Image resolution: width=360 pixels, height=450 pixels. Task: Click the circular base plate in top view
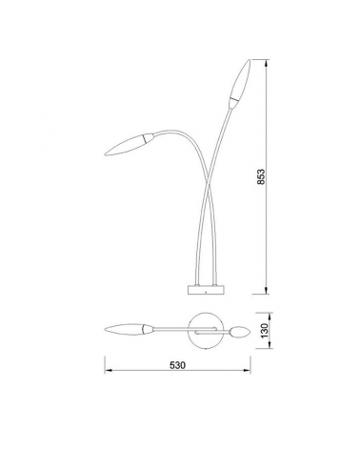[x=205, y=327]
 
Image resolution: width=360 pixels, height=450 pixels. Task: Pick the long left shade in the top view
[x=128, y=330]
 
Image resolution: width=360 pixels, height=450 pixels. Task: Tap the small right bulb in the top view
[x=241, y=332]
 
